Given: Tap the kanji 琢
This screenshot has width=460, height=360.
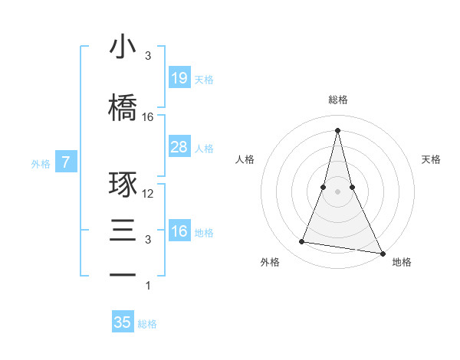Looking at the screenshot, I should (123, 185).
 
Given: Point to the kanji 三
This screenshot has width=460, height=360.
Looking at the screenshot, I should (123, 229).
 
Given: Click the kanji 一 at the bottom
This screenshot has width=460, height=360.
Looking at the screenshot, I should (123, 274).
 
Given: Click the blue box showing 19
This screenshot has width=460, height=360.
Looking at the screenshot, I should (179, 78).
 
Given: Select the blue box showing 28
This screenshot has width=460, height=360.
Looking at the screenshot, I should (179, 147).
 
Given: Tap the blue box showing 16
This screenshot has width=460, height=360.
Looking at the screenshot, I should (179, 231).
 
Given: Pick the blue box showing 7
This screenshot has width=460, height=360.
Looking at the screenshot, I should (66, 162).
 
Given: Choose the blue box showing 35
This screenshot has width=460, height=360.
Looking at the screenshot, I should (123, 322).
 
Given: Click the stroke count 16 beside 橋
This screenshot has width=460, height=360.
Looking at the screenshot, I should (148, 117).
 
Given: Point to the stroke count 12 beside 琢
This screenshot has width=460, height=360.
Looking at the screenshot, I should (148, 194).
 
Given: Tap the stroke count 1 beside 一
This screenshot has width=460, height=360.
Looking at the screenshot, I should (148, 286).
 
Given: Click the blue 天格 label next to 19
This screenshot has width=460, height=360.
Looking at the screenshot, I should (204, 80).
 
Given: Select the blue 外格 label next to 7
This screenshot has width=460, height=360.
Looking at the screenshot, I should (41, 163).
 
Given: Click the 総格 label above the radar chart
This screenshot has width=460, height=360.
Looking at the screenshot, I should (337, 100).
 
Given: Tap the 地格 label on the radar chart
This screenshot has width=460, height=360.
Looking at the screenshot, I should (402, 262).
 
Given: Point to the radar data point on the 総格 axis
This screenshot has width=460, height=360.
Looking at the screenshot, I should (337, 129).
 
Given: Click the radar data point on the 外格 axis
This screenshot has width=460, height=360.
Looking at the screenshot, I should (302, 242).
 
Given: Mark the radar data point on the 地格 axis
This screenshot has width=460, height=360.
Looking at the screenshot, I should (383, 254).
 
